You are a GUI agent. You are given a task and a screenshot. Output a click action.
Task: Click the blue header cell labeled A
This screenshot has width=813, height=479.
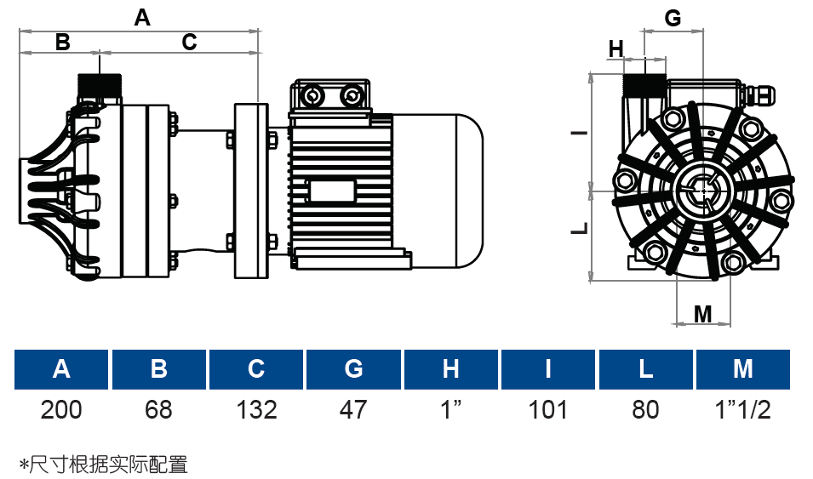pyautogui.click(x=61, y=369)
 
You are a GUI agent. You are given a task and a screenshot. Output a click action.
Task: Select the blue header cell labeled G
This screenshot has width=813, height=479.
pyautogui.click(x=353, y=369)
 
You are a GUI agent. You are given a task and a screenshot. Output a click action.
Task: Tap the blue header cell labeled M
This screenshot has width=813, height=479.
pyautogui.click(x=743, y=369)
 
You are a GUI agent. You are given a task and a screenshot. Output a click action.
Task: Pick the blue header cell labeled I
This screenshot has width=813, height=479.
pyautogui.click(x=548, y=369)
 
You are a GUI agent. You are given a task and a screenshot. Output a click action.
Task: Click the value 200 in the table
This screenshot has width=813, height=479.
pyautogui.click(x=61, y=409)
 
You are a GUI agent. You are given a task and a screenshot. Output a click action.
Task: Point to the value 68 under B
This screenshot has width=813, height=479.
pyautogui.click(x=158, y=409)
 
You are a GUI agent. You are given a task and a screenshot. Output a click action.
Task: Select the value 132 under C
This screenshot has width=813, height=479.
pyautogui.click(x=256, y=409)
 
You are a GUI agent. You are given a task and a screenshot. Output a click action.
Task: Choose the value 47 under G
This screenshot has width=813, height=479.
pyautogui.click(x=353, y=409)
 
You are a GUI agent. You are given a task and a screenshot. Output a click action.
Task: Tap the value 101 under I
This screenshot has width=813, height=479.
pyautogui.click(x=548, y=409)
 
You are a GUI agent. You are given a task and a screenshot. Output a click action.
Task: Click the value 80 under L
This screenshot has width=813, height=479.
pyautogui.click(x=645, y=409)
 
